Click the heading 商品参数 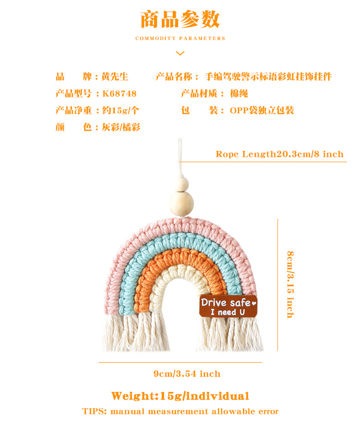point(180,20)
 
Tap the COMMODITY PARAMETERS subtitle point(180,39)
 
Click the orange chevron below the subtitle point(180,53)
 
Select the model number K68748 point(119,93)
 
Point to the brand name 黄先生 point(115,77)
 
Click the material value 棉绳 point(239,93)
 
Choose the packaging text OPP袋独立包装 point(262,110)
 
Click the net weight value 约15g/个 point(121,110)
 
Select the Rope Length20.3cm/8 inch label point(279,154)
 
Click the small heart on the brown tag point(254,302)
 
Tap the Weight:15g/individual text point(180,396)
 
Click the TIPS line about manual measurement point(180,411)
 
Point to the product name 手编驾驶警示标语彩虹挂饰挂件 point(268,77)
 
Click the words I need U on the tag point(227,312)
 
